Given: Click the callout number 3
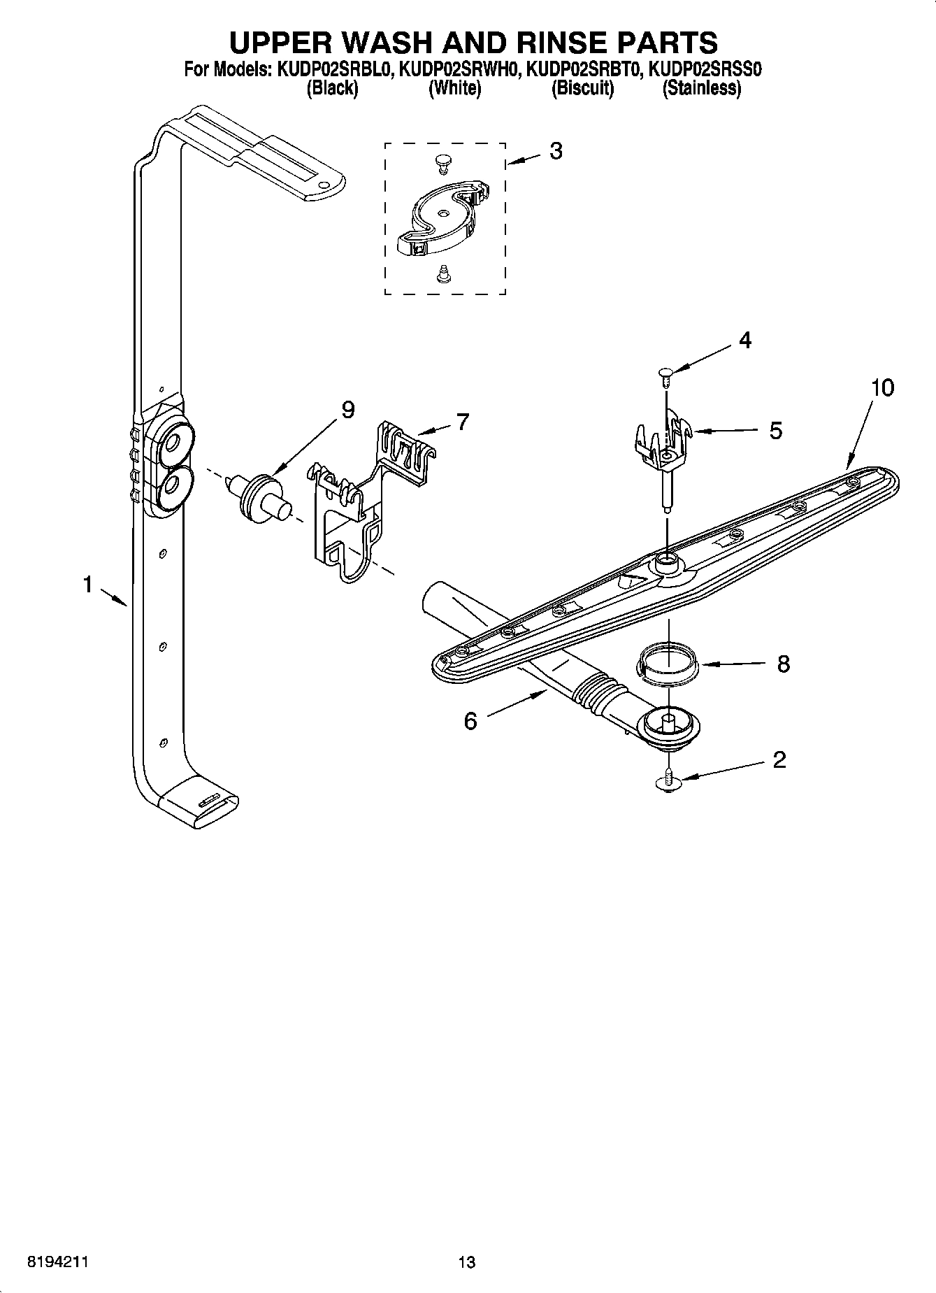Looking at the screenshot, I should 556,151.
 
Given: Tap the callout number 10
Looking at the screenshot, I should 882,387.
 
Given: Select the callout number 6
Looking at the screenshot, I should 470,721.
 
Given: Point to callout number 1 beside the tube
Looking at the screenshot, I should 88,584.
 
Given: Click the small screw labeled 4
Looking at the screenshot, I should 665,376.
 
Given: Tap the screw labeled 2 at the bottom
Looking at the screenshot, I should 669,781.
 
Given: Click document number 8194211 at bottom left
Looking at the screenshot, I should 57,1262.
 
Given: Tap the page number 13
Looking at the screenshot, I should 466,1262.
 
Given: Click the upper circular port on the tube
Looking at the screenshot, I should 171,443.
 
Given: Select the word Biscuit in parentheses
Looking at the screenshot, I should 582,89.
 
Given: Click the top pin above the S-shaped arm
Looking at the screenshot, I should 442,162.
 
